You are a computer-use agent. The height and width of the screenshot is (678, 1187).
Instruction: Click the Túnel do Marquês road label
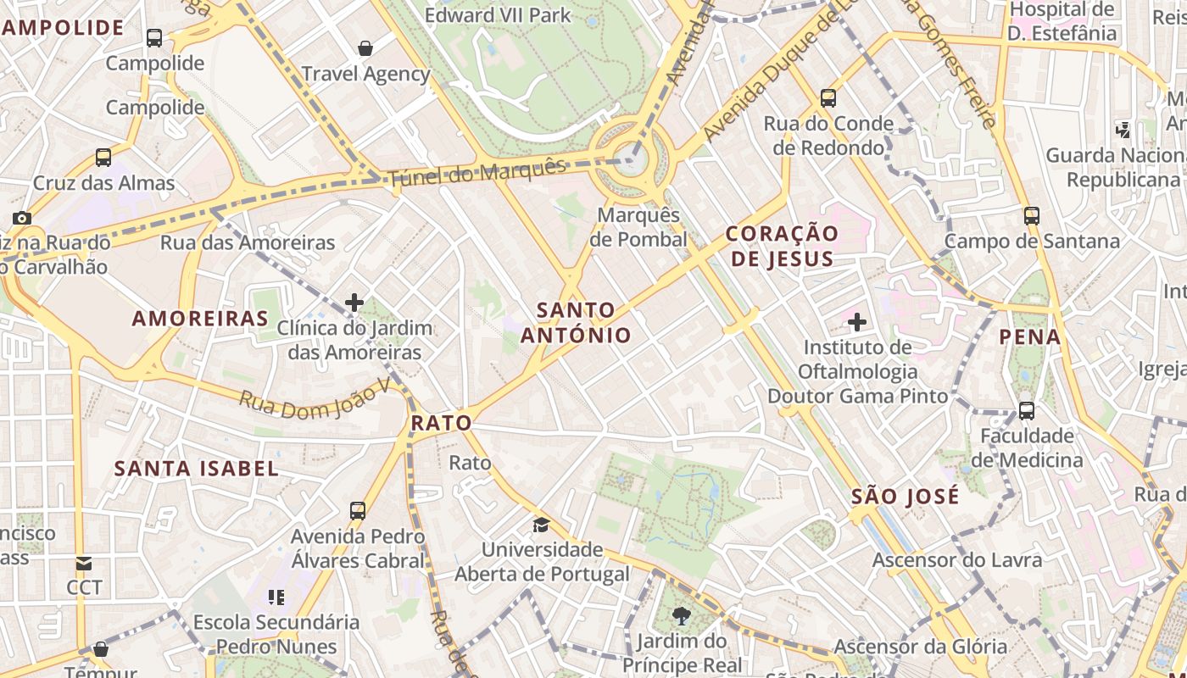point(477,172)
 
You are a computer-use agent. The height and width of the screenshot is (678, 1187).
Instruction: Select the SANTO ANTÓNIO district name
point(576,323)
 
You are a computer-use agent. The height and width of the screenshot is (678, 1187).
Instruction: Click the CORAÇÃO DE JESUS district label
point(782,246)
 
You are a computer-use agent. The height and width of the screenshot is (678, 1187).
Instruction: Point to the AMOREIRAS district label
point(200,319)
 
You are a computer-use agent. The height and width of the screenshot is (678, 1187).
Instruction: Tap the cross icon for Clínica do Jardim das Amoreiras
point(354,302)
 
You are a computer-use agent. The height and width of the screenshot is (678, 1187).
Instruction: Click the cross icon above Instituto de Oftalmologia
point(857,322)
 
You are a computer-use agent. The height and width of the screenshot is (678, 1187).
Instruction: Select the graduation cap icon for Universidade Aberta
point(541,525)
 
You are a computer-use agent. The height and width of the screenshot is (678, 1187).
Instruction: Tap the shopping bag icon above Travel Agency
point(365,48)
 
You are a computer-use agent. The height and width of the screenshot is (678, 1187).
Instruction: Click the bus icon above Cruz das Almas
point(103,158)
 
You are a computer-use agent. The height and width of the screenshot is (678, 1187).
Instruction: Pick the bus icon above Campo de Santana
point(1031,216)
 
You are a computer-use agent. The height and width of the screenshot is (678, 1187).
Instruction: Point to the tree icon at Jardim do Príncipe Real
point(681,616)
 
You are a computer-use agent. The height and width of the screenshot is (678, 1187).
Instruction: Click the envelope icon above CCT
point(84,564)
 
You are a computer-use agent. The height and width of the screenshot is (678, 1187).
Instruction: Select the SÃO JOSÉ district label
point(905,497)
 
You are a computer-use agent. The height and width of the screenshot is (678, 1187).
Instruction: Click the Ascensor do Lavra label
point(957,560)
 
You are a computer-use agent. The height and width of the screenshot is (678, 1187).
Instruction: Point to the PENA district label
point(1030,337)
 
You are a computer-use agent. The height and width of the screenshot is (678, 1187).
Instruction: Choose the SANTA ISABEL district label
point(196,469)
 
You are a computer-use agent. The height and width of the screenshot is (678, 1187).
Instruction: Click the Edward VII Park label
point(498,15)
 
